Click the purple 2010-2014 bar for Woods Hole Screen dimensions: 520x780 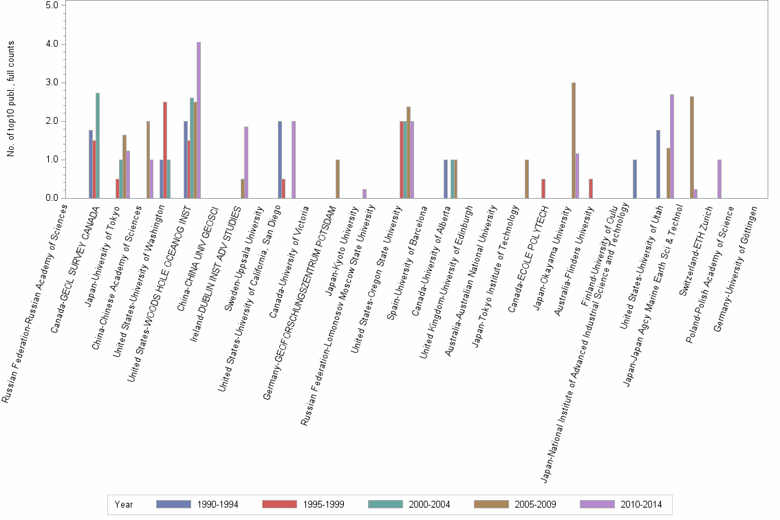199,120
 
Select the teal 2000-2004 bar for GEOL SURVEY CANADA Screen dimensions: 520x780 98,146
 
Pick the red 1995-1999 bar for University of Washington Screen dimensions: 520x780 165,150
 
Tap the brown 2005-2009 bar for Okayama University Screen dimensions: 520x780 574,140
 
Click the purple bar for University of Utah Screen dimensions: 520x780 671,147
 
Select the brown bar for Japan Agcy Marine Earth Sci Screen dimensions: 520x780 692,147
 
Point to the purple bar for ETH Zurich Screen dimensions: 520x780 719,179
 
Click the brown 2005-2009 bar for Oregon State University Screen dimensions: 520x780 409,153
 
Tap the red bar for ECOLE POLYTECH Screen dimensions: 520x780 543,188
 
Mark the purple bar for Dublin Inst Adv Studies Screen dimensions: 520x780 246,162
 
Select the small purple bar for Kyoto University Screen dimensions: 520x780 365,194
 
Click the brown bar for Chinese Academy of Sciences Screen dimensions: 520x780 148,160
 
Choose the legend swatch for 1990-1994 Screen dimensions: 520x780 173,504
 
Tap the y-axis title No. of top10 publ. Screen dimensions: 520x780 11,98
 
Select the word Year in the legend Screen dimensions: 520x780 124,504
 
